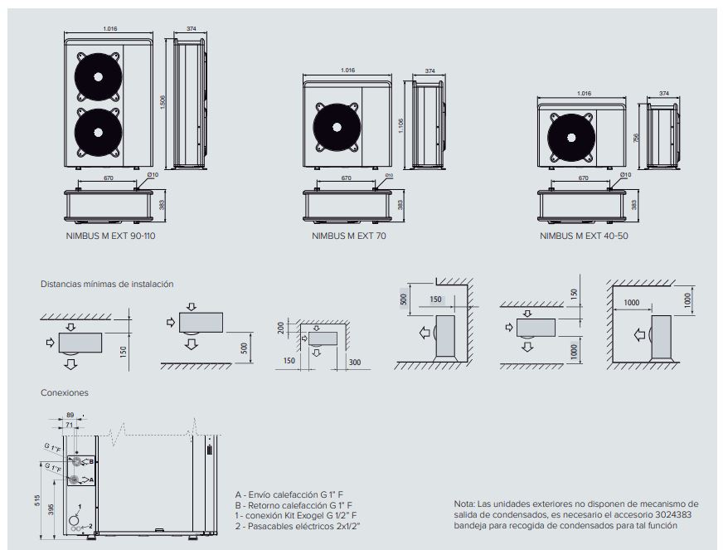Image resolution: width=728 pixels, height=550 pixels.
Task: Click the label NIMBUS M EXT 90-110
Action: pyautogui.click(x=110, y=236)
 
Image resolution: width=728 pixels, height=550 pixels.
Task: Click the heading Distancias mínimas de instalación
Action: pyautogui.click(x=107, y=284)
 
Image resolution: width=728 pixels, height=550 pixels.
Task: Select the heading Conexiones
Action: pyautogui.click(x=65, y=392)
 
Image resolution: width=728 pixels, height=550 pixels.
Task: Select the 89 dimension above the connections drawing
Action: pyautogui.click(x=71, y=413)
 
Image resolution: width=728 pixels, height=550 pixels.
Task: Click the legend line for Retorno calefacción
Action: pyautogui.click(x=294, y=504)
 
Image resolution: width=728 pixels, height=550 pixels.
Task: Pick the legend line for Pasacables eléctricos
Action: pyautogui.click(x=298, y=526)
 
